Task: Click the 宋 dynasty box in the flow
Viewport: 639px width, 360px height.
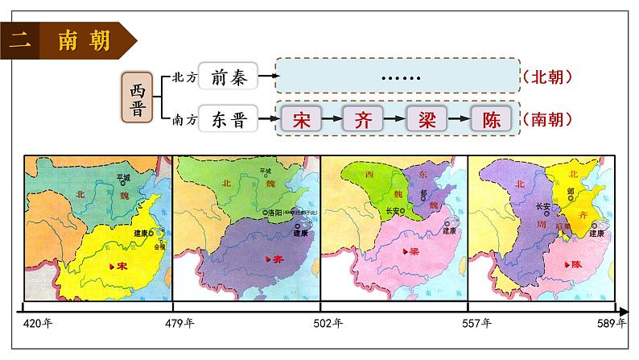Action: point(301,119)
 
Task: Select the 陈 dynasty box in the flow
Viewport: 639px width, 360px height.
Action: point(491,119)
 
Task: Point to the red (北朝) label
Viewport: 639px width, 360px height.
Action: point(547,77)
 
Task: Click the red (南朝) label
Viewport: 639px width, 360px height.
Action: point(547,119)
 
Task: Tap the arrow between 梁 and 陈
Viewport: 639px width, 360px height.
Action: point(459,119)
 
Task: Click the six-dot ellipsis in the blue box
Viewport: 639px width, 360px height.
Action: point(400,77)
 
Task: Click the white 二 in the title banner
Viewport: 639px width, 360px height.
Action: point(17,40)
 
